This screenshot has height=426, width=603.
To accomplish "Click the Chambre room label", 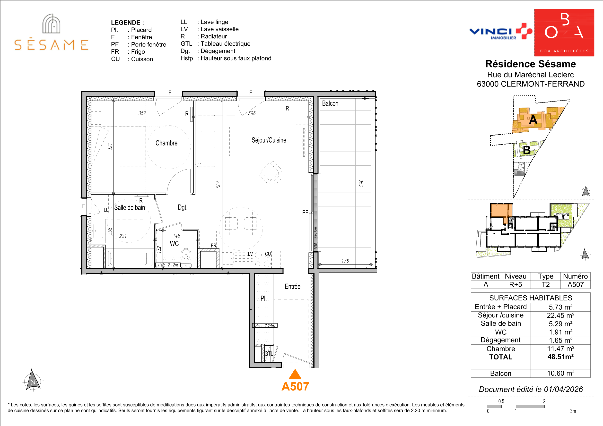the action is coord(166,143).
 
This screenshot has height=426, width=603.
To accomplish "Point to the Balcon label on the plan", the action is coord(330,103).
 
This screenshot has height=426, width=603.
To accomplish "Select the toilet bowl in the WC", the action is coord(186,254).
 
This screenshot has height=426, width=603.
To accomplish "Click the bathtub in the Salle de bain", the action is coord(130,258).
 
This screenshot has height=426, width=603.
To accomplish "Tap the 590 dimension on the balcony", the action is coord(361,183).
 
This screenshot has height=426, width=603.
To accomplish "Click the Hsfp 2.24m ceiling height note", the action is coord(265,325).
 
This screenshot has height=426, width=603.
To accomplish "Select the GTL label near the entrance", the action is coord(268,354).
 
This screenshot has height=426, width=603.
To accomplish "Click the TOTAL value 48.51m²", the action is coord(560,357).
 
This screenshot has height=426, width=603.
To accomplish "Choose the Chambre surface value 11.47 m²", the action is coord(560,349).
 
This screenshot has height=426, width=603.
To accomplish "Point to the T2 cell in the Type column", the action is coord(545,284).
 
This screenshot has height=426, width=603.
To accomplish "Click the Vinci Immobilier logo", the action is coord(501,32).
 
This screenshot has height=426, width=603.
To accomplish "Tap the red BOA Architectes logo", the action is coord(564,33).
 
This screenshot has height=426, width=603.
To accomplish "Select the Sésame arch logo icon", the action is coord(52,24).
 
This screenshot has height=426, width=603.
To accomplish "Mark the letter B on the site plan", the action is coord(527,150).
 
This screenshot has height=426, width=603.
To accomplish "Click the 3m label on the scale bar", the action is coord(573,411).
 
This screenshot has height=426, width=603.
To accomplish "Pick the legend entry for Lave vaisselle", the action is coord(210,29).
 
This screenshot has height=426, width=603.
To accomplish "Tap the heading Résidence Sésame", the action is coord(531,64).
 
